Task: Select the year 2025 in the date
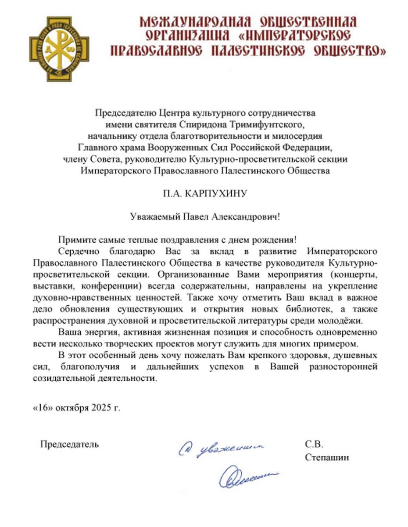tap(102, 407)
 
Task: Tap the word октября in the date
tap(72, 407)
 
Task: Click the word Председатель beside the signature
tap(70, 444)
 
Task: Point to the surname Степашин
tap(327, 458)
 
